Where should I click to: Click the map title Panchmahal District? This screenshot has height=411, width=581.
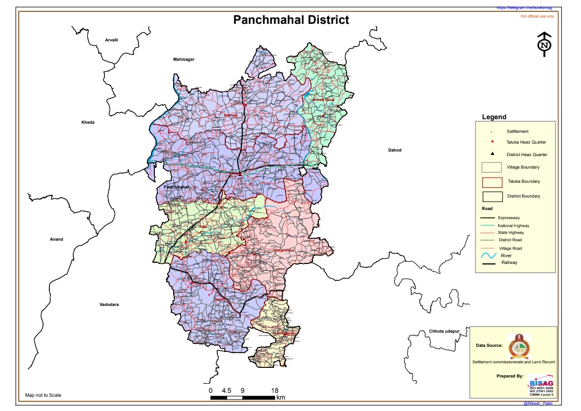[291, 20]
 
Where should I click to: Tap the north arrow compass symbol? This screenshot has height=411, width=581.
[544, 43]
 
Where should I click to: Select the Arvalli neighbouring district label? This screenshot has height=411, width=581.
[112, 40]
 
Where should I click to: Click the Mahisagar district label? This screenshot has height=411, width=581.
[184, 59]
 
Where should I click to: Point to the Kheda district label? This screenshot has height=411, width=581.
[88, 123]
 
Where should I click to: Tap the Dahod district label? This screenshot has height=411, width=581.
[394, 150]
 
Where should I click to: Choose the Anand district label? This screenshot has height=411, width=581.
[57, 240]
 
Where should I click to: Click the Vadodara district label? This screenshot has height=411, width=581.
[109, 305]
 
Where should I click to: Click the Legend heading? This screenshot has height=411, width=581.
[494, 117]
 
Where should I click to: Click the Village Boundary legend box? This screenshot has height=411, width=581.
[491, 167]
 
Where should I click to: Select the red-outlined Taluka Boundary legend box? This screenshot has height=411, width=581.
[491, 182]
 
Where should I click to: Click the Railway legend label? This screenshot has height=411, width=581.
[509, 263]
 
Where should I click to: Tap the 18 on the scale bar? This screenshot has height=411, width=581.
[275, 391]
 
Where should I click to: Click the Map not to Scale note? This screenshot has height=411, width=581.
[43, 395]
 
